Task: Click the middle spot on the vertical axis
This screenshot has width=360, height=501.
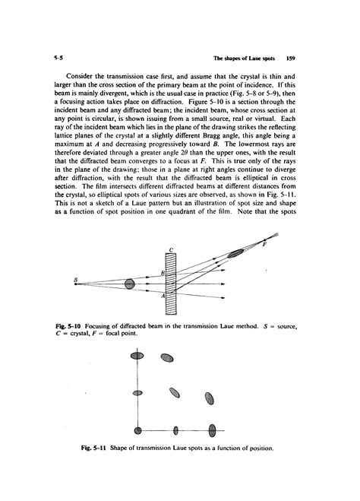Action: click(x=137, y=394)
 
